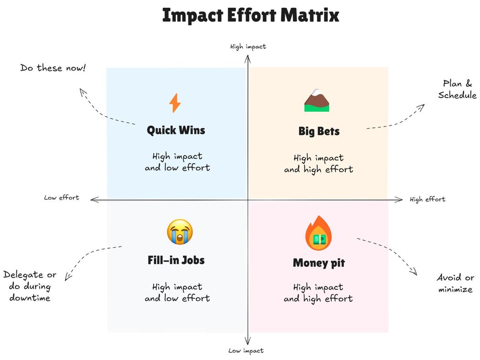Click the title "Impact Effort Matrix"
point(251,15)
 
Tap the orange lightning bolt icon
point(175,103)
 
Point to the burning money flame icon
point(318,233)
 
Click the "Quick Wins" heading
point(176,130)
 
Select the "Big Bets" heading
point(319,131)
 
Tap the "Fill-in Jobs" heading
point(176,260)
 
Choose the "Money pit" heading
point(319,263)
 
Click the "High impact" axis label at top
point(248,47)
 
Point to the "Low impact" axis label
point(245,350)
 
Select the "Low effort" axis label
point(62,197)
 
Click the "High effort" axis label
point(427,199)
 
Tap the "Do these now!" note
point(53,68)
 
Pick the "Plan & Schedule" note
point(457,89)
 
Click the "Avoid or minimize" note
point(456,283)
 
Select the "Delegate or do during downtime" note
point(30,286)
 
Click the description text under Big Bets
point(319,163)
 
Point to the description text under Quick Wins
point(177,162)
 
